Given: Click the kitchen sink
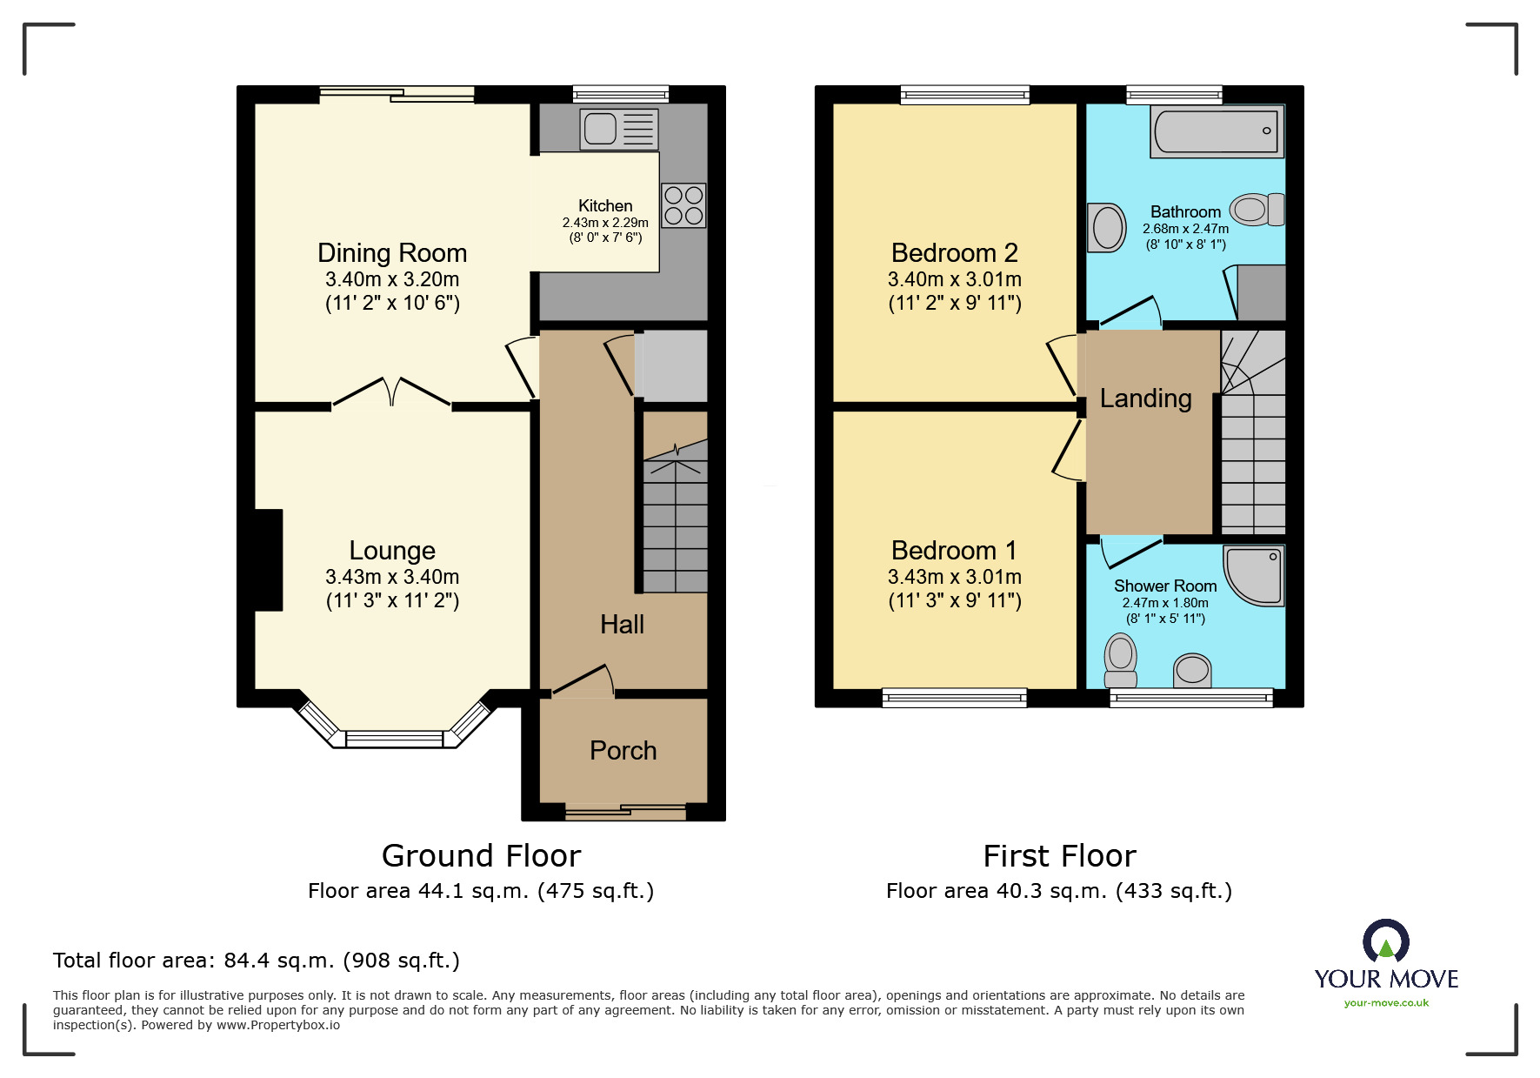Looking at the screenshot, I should [x=618, y=129].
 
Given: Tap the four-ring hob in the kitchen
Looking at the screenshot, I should [x=683, y=205].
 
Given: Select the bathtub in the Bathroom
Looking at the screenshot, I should [x=1216, y=131].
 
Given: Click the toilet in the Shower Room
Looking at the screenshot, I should [x=1121, y=660].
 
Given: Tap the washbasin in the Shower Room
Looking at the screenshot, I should [x=1192, y=670].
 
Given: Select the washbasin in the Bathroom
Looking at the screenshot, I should [x=1107, y=228].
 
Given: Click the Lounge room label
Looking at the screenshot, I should [x=392, y=551].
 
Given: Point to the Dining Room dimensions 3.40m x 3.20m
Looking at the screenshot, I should [x=392, y=279].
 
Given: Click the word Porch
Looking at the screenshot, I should [x=623, y=751].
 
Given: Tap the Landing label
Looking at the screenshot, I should [x=1145, y=398].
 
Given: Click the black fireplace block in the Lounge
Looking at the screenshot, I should [x=269, y=559].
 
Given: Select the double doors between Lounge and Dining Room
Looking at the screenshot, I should [x=392, y=392].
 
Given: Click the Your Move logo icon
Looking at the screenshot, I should [x=1385, y=941].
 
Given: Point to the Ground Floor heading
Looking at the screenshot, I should [x=481, y=856].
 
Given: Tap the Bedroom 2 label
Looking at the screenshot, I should [x=954, y=253].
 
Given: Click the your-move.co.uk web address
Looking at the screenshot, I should [x=1386, y=1003].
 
